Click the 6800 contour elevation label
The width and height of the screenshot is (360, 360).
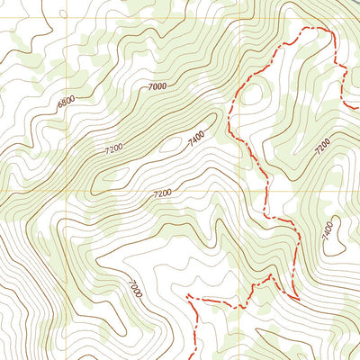[x=67, y=103]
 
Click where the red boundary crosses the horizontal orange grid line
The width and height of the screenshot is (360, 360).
[x=267, y=193]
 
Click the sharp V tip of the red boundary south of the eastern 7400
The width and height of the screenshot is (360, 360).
[x=297, y=298]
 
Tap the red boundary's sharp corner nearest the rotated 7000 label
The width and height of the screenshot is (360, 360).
[x=186, y=296]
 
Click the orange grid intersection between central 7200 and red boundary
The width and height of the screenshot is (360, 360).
[x=241, y=193]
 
